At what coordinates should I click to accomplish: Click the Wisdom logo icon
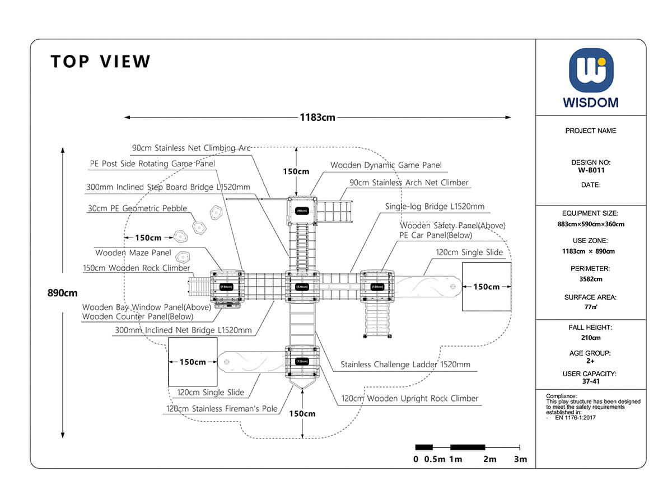point(591,71)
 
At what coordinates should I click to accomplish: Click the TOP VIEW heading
point(101,62)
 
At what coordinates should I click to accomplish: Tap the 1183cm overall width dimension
point(318,118)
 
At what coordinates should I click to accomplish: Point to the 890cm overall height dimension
point(63,293)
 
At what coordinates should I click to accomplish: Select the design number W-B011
point(591,170)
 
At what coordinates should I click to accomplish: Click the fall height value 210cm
point(591,338)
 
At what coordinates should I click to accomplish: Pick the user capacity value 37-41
point(591,381)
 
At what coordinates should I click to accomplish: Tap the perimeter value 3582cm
point(591,279)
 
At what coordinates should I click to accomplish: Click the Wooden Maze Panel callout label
point(133,253)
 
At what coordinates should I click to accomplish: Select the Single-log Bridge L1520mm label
point(435,207)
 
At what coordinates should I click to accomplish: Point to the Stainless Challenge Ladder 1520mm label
point(405,365)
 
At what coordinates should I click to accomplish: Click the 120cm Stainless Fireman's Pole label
point(222,409)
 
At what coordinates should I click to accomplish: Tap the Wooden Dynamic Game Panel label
point(386,165)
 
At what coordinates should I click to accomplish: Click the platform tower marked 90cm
point(302,211)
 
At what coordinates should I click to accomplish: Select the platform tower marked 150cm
point(227,287)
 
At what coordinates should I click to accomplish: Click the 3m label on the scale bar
point(520,459)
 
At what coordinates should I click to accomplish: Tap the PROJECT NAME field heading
point(591,130)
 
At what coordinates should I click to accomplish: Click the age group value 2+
point(591,361)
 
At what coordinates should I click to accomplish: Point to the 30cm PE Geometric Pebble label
point(137,208)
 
